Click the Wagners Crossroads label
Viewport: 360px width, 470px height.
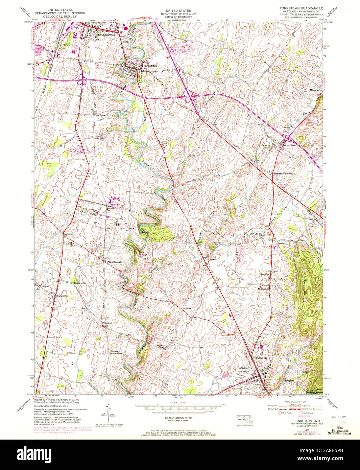pyautogui.click(x=283, y=173)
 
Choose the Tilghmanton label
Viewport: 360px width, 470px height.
pyautogui.click(x=62, y=296)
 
